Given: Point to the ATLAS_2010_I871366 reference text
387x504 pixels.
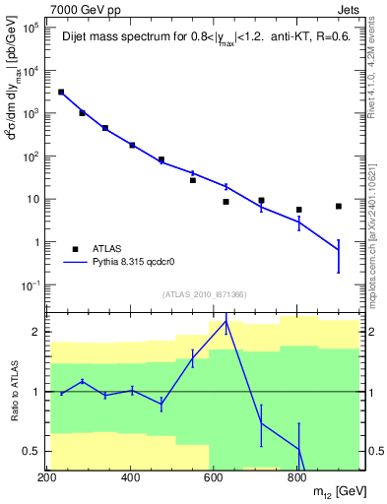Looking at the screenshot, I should (x=205, y=295).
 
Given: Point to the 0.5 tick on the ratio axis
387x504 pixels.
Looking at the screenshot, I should (x=34, y=451).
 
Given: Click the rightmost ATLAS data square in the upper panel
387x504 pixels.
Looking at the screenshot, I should (x=339, y=206).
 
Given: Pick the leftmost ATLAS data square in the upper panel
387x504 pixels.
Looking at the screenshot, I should (x=61, y=92).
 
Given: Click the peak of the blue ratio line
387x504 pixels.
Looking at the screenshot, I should (x=226, y=320).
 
